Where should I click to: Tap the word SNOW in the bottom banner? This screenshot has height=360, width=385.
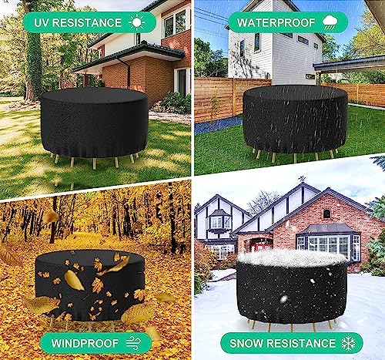click(x=253, y=342)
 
